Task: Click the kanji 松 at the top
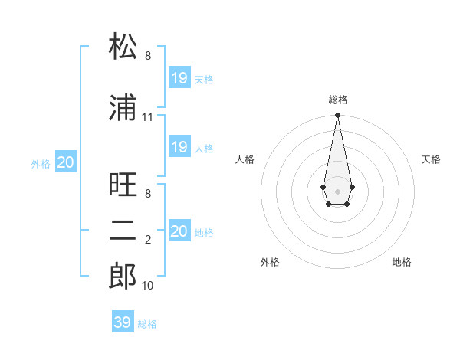click(123, 47)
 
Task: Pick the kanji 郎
click(123, 277)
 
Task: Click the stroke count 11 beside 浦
click(147, 117)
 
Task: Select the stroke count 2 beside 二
click(147, 240)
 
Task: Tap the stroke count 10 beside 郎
click(147, 286)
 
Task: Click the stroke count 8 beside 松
click(147, 56)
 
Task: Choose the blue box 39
click(123, 322)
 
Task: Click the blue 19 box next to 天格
click(179, 78)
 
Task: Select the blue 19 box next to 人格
click(179, 147)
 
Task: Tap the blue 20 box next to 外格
click(66, 162)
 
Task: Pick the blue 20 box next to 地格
click(179, 231)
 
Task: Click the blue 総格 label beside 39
click(147, 324)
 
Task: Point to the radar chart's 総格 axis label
click(338, 100)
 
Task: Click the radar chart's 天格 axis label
click(431, 159)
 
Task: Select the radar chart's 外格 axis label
click(270, 262)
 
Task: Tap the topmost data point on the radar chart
click(337, 116)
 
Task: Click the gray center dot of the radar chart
click(337, 190)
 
